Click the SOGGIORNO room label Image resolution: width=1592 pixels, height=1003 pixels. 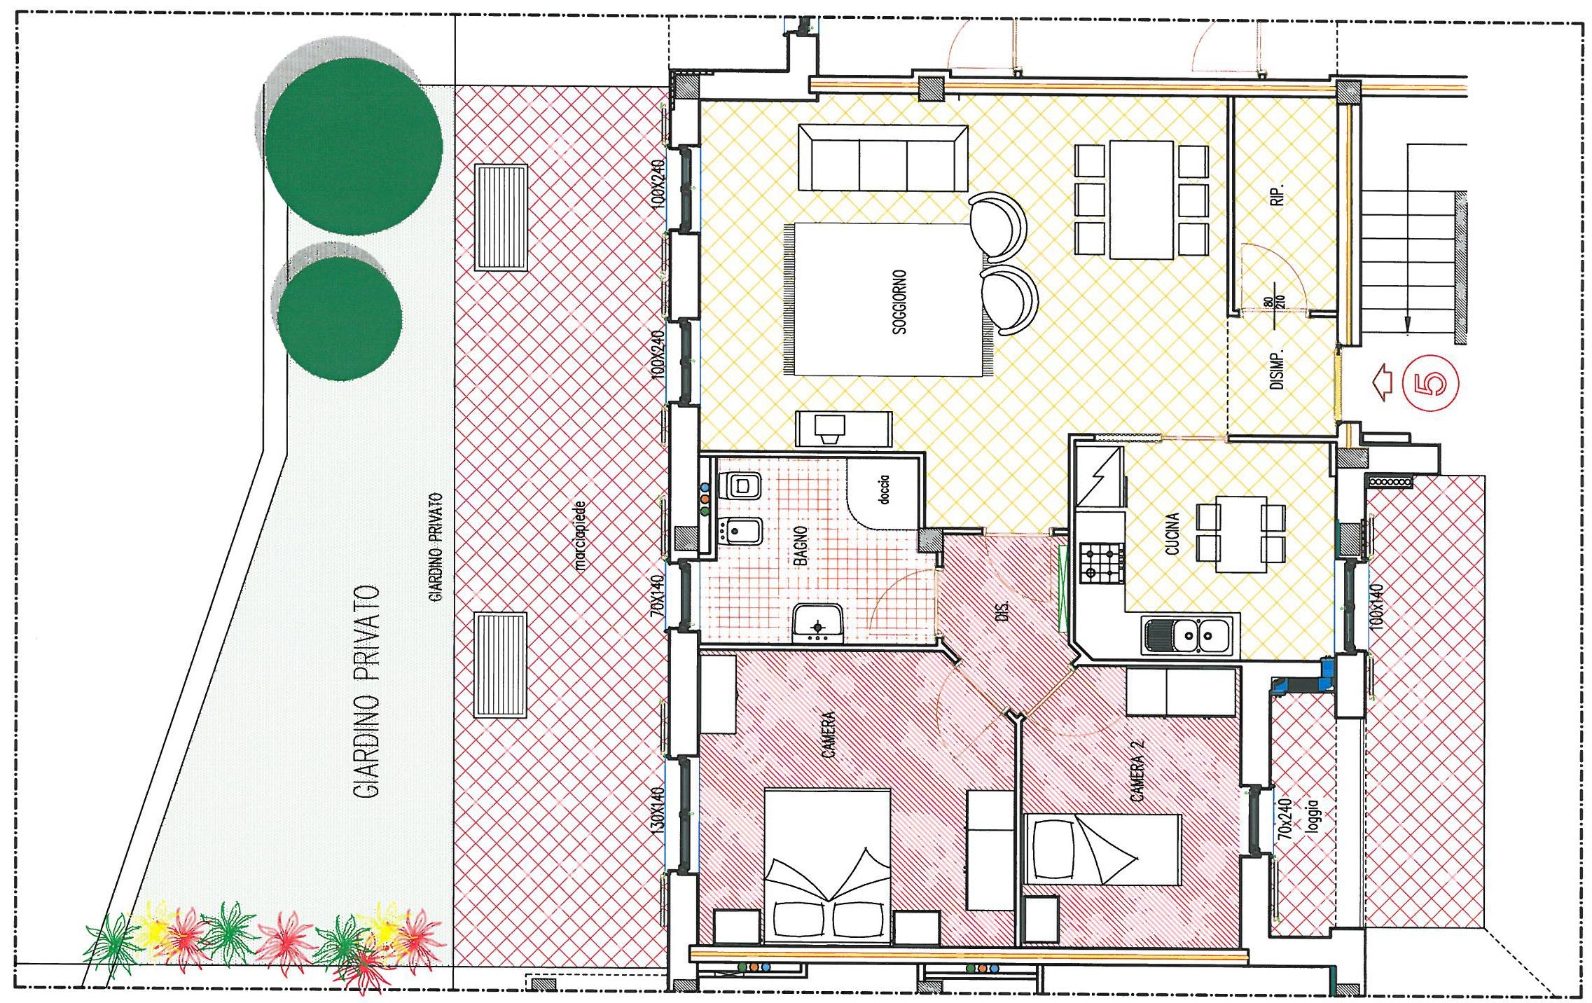pos(900,302)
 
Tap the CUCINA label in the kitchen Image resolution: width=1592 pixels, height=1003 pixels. pos(1172,534)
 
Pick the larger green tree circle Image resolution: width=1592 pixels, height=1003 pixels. pos(354,146)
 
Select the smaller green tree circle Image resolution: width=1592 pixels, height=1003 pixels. pos(340,319)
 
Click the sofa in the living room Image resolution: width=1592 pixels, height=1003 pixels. pos(883,158)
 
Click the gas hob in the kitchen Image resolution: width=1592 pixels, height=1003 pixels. pos(1102,564)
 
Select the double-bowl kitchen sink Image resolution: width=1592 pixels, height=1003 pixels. pos(1187,635)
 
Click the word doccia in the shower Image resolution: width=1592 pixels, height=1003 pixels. pos(884,490)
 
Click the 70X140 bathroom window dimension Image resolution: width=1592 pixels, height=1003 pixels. pos(656,595)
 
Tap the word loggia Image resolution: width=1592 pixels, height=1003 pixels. pos(1312,816)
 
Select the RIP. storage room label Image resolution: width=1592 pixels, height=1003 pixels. pos(1278,195)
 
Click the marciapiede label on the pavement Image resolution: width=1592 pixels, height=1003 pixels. pos(579,536)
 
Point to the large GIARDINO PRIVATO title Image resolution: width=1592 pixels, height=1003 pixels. pos(366,692)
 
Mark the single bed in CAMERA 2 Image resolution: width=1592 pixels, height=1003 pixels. pos(1103,850)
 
